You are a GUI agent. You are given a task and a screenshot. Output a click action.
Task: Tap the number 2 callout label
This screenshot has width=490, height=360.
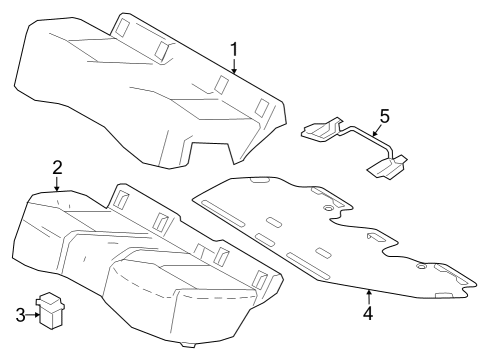pos(58,167)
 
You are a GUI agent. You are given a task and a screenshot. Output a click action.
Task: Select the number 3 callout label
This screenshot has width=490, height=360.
pos(19,315)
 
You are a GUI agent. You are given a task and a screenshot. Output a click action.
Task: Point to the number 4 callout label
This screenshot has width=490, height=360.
pos(368,312)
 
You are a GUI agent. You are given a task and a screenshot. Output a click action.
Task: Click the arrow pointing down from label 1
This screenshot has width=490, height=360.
pos(234,68)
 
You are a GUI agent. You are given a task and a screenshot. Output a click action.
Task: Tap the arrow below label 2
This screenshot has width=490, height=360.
pos(58,183)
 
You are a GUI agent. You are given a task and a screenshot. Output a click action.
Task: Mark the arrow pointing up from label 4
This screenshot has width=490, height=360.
pos(368,296)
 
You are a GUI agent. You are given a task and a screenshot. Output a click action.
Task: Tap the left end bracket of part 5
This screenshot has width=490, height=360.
pos(319,131)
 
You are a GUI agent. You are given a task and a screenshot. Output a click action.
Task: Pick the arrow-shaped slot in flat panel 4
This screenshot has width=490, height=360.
pos(377,238)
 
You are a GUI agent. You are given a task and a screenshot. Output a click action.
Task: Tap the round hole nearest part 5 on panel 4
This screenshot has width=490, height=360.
pos(328,207)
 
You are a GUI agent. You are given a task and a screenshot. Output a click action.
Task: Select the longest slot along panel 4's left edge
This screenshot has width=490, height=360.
pos(225,211)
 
